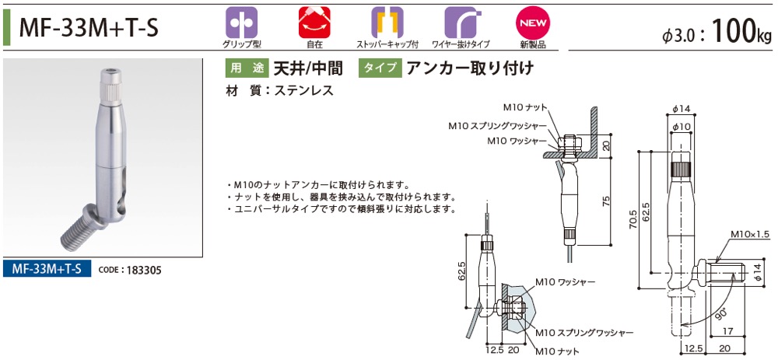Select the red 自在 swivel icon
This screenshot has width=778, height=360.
click(314, 23)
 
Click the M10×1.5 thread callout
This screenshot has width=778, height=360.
click(750, 234)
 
